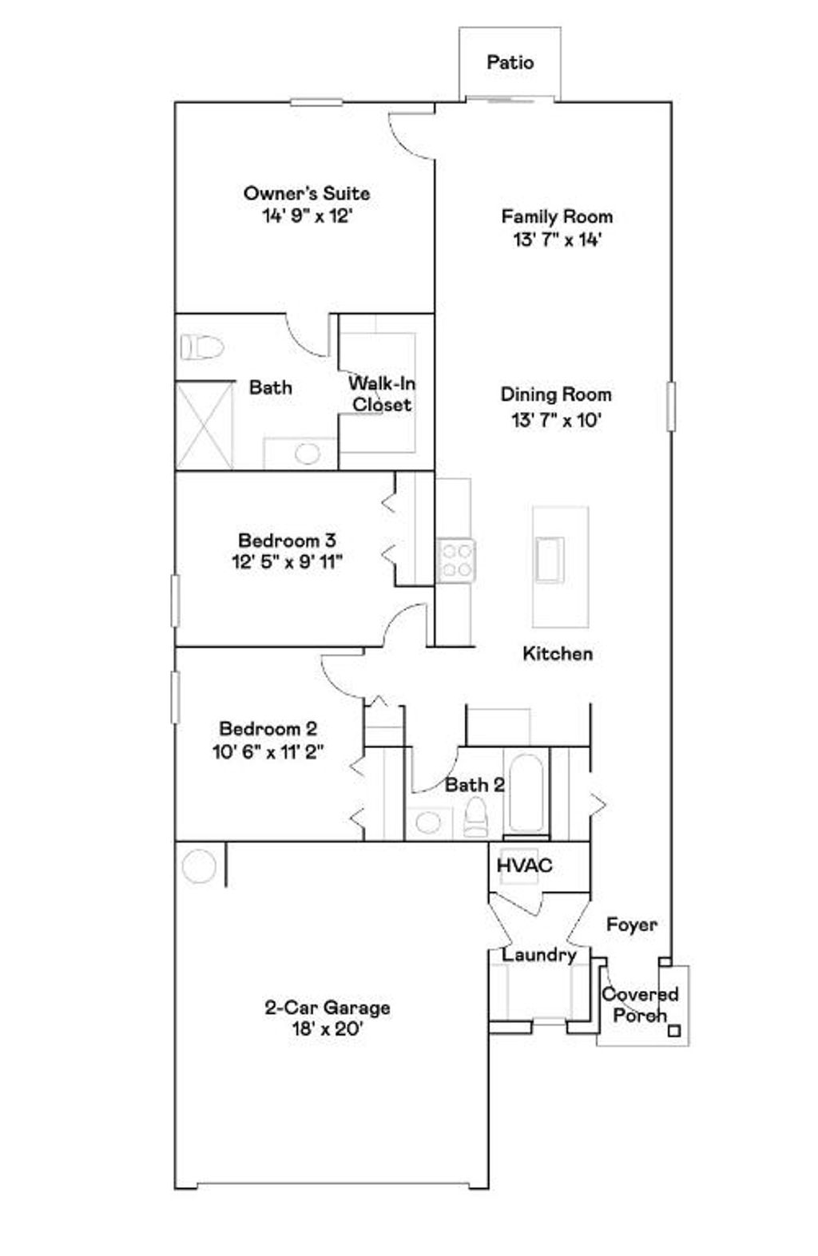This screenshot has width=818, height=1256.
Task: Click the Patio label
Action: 510,62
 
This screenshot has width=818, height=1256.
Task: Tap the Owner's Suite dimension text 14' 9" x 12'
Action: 307,216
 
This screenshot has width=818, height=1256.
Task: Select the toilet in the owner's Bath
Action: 201,347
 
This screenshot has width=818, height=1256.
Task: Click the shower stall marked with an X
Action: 204,426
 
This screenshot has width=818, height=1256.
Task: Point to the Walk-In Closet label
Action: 382,394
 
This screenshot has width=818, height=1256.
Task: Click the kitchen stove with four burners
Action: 456,561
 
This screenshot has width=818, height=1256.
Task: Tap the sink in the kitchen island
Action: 550,559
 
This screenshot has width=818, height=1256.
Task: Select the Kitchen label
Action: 558,654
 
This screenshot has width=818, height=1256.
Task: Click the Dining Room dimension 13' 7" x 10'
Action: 556,420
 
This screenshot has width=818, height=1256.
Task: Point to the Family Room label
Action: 557,216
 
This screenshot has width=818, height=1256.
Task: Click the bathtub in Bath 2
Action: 526,793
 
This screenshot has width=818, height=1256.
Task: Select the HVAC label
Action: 524,866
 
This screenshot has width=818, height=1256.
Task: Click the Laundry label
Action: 538,955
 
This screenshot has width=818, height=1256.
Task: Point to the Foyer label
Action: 631,925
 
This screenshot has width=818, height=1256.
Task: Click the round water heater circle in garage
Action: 198,866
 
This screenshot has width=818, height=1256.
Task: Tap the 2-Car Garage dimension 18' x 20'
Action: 328,1029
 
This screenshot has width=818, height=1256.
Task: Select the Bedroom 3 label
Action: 287,541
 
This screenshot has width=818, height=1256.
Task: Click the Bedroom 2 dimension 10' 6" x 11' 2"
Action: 268,751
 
